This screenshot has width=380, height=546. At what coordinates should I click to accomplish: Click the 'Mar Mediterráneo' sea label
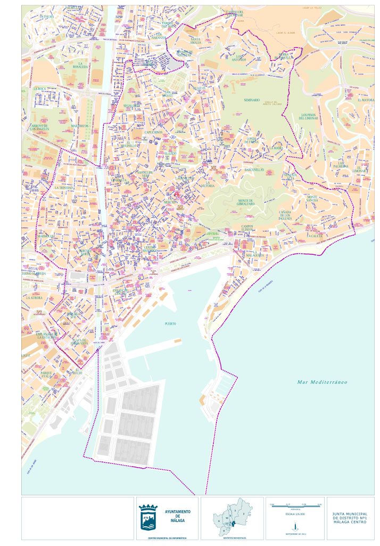[x=322, y=382]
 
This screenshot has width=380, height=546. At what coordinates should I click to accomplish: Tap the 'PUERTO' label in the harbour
[x=170, y=324]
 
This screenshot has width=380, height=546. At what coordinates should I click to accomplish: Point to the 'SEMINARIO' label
[x=252, y=100]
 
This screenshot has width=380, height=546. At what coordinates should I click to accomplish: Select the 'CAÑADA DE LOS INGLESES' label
[x=285, y=215]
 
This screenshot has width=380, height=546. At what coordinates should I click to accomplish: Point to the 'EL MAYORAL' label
[x=366, y=100]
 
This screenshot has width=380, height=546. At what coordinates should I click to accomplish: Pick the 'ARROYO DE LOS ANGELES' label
[x=39, y=127]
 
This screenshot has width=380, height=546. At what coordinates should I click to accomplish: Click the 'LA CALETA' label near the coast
[x=315, y=235]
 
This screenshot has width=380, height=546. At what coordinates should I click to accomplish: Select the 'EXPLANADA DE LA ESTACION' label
[x=47, y=336]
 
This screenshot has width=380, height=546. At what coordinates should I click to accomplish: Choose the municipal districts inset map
[x=232, y=517]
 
